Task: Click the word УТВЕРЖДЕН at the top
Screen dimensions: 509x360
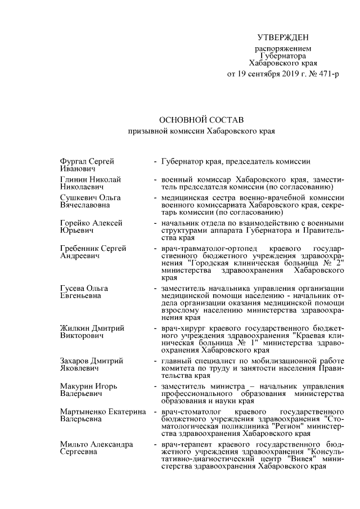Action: (x=283, y=38)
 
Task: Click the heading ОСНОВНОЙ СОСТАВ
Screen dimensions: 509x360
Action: (x=200, y=120)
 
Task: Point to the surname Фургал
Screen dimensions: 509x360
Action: (x=73, y=161)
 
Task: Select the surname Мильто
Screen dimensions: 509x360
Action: (x=74, y=444)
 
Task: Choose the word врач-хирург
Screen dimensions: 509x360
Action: (x=182, y=328)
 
